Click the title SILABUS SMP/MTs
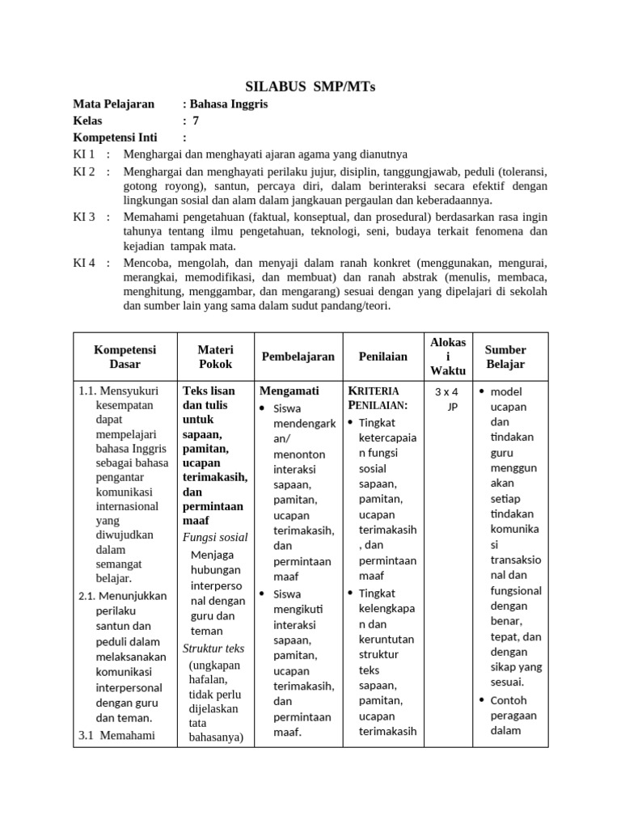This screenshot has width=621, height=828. [310, 87]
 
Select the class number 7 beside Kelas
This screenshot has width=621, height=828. [196, 120]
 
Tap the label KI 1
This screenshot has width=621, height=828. [84, 154]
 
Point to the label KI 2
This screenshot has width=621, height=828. [84, 171]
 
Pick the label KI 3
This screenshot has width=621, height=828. [84, 217]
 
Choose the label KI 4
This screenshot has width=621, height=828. [84, 263]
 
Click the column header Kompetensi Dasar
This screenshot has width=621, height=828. [125, 357]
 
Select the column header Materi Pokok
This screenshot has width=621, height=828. [215, 357]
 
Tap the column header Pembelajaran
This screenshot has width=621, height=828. [298, 357]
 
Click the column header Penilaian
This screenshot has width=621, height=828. [382, 357]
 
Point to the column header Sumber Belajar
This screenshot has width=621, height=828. [505, 357]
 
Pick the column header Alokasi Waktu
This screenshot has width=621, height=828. [447, 357]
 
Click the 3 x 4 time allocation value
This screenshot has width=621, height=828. [446, 392]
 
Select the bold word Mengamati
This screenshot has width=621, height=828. [289, 390]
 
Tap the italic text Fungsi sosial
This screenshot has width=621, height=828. [215, 537]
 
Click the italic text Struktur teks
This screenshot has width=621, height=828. [213, 648]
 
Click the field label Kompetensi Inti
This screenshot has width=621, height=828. [116, 137]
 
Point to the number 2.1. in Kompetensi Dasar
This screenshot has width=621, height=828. [88, 595]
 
